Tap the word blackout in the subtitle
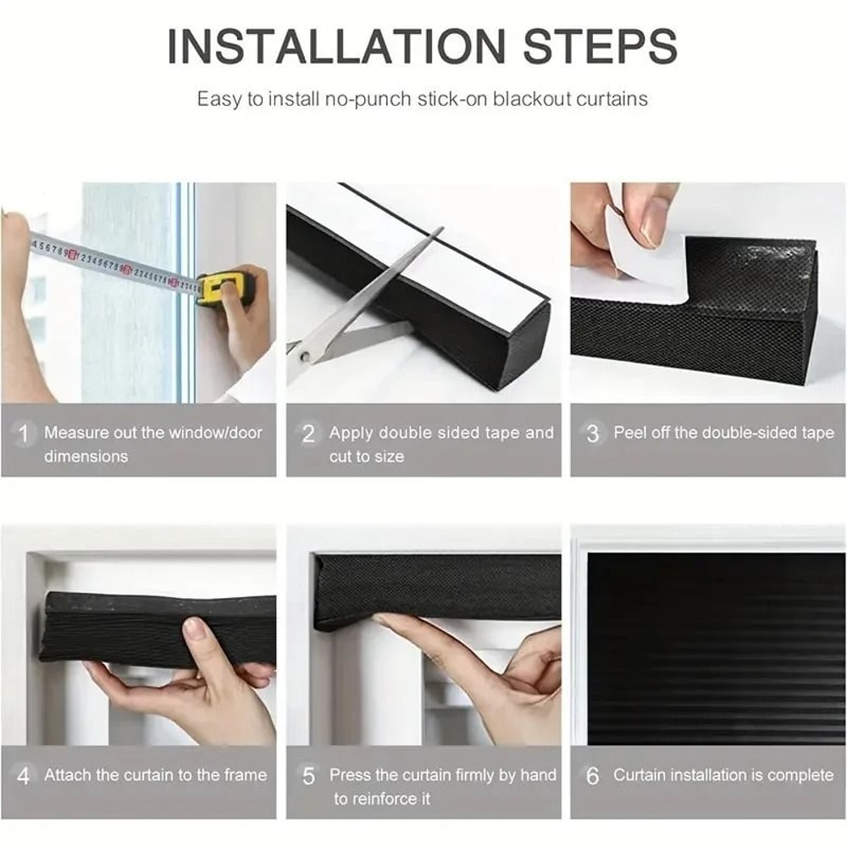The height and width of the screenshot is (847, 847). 529,98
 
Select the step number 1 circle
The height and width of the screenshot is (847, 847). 25,434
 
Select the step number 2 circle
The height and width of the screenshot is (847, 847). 308,434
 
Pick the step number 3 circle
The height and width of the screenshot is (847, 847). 593,434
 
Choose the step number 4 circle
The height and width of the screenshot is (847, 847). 25,776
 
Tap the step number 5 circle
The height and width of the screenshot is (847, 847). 308,776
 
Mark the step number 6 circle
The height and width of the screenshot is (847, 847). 593,776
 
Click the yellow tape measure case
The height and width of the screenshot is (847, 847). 224,287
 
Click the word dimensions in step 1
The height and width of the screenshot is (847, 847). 86,457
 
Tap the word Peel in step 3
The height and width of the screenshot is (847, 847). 630,433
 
